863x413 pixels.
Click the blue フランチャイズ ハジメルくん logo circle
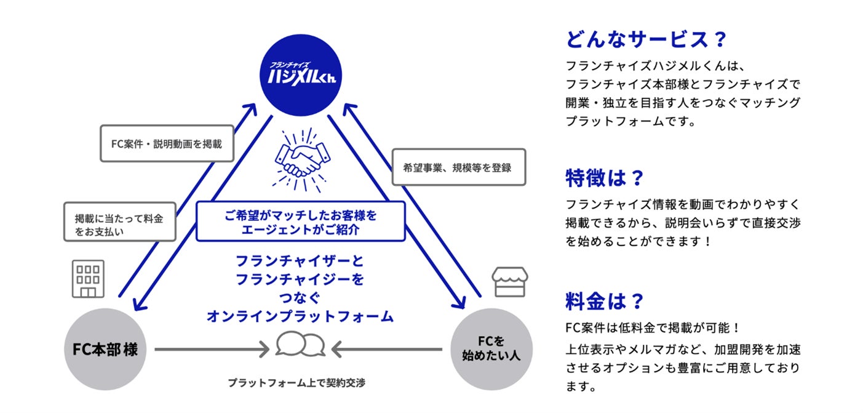tap(300, 74)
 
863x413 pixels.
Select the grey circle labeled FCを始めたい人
tap(491, 349)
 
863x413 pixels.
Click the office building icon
tap(88, 278)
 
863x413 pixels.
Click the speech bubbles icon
tap(300, 345)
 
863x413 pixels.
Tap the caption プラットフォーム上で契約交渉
tap(296, 382)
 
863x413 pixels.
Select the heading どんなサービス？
tap(646, 40)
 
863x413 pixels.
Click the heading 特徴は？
tap(604, 178)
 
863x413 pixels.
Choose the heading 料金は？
tap(604, 302)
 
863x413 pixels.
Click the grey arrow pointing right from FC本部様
tap(212, 350)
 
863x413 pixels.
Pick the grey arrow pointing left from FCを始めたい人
tap(388, 350)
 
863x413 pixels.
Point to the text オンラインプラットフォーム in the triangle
tap(300, 316)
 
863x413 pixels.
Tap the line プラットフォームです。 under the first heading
tap(630, 121)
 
